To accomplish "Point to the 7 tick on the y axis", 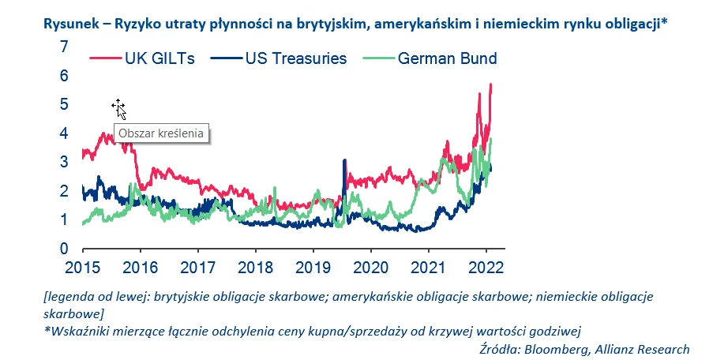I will (x=63, y=47).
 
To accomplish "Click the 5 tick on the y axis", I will (x=63, y=104).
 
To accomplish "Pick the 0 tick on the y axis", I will (x=63, y=249).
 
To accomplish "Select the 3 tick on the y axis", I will (x=63, y=162).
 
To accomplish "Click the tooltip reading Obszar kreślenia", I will (x=161, y=133).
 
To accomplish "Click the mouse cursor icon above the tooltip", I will (x=118, y=108).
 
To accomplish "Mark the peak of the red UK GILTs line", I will (x=491, y=84).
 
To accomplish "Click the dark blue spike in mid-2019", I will (x=344, y=161).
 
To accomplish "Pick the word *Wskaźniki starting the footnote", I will (x=76, y=332).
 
